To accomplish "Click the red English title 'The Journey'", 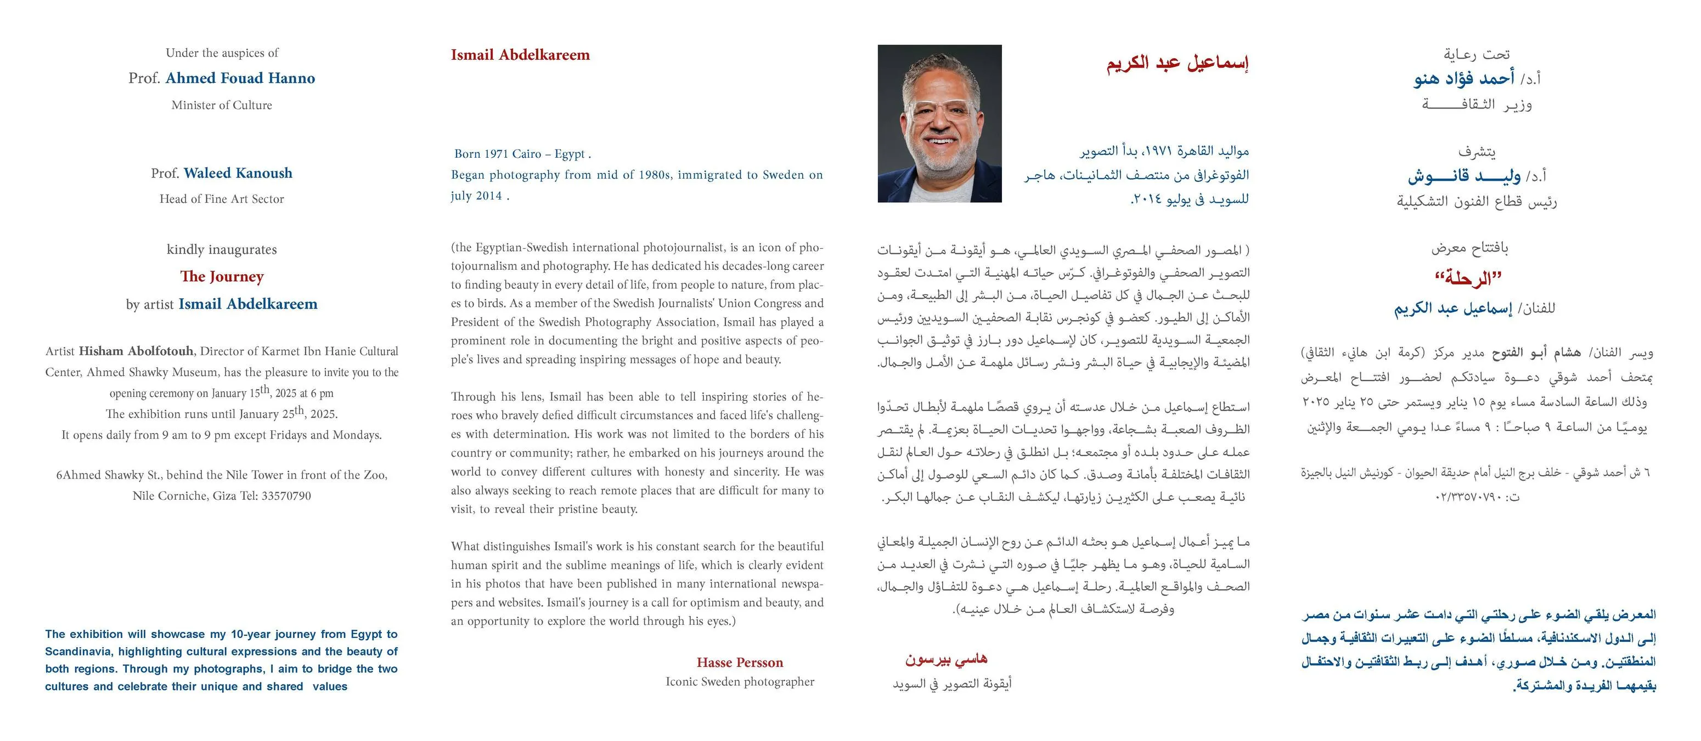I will tap(222, 276).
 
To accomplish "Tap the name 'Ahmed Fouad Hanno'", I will tap(240, 78).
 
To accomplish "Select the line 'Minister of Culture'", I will tap(222, 105).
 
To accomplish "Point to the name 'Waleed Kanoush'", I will tap(238, 173).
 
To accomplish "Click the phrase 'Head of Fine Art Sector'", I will tap(222, 198).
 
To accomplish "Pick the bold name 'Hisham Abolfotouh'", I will tap(136, 351).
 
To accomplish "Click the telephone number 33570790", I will tap(286, 495).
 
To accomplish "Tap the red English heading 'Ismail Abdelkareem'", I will tap(520, 55).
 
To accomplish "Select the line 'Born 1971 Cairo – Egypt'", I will tap(522, 154).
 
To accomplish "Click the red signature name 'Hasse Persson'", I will tap(740, 663).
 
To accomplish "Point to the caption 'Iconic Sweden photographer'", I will tap(740, 682).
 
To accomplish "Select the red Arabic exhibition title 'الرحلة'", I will tap(1468, 278).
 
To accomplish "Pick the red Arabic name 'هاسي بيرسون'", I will tap(945, 659).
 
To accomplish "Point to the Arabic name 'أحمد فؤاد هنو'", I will tap(1463, 78).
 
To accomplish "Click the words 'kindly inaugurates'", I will tap(222, 249).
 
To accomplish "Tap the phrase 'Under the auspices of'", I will tap(222, 53).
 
